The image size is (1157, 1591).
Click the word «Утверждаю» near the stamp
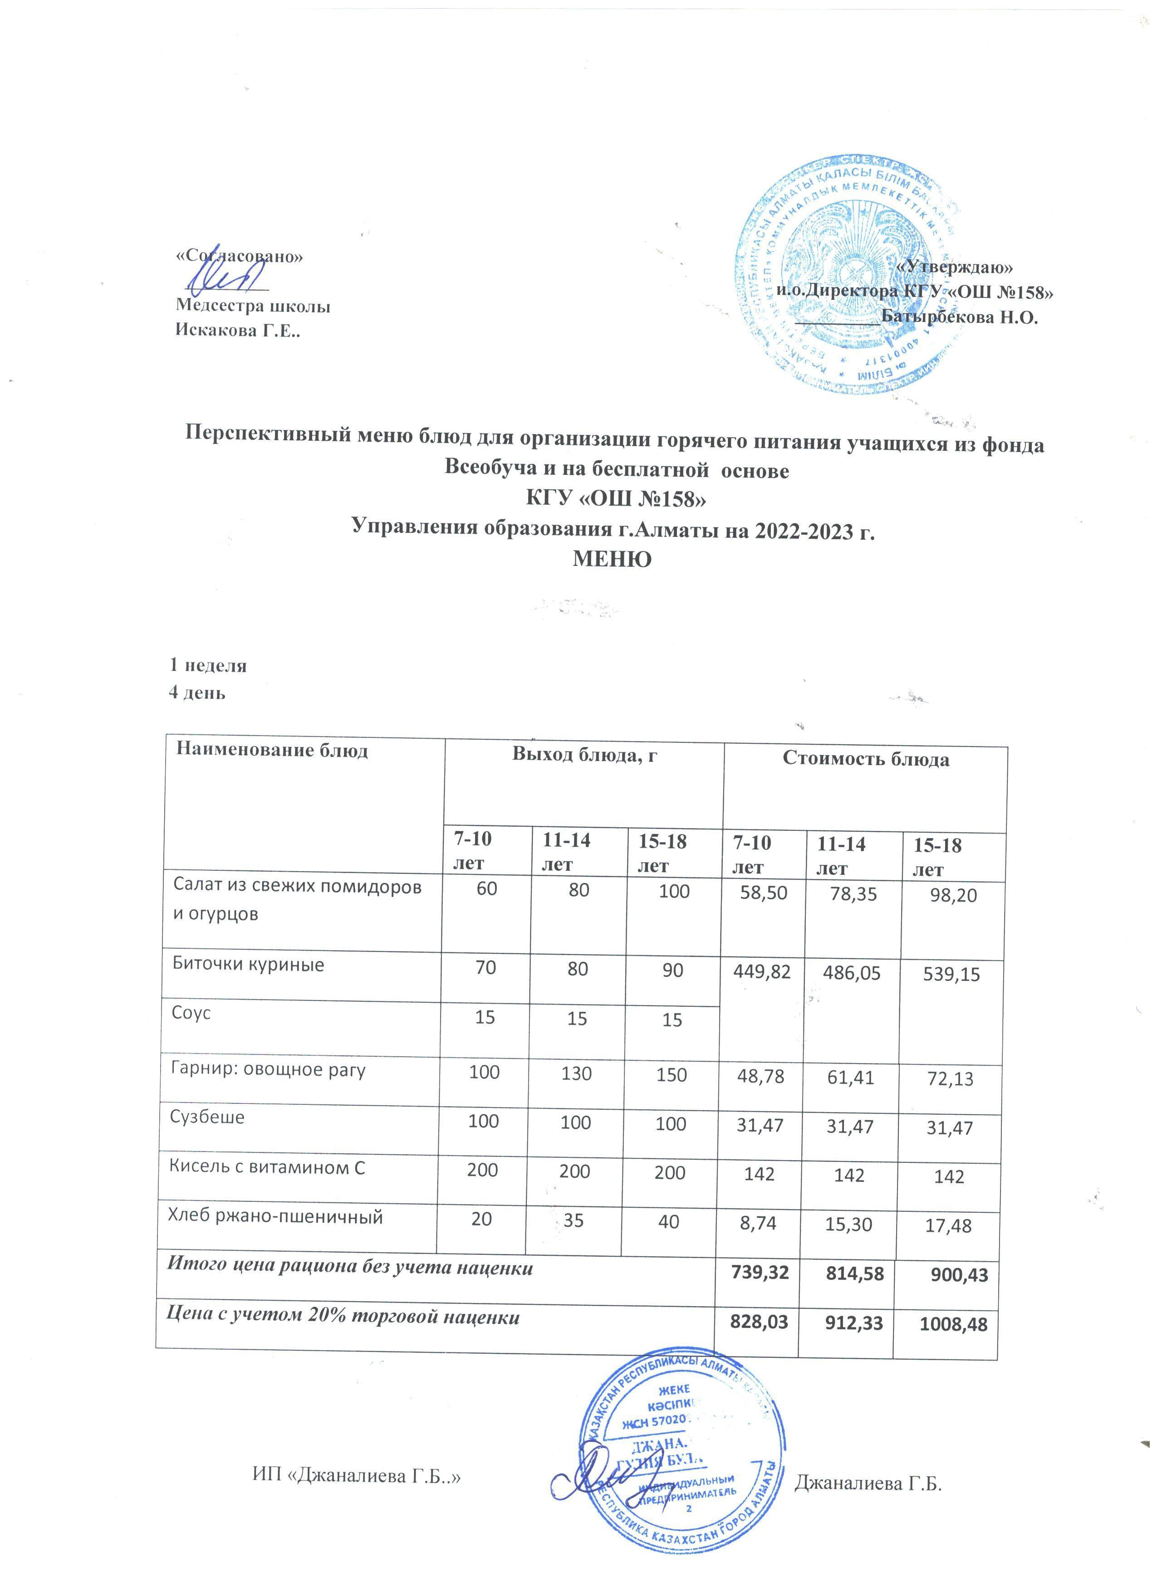956,266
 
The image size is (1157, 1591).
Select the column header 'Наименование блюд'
272,751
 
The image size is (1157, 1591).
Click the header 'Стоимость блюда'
866,759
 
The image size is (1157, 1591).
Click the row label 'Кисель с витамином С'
267,1168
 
